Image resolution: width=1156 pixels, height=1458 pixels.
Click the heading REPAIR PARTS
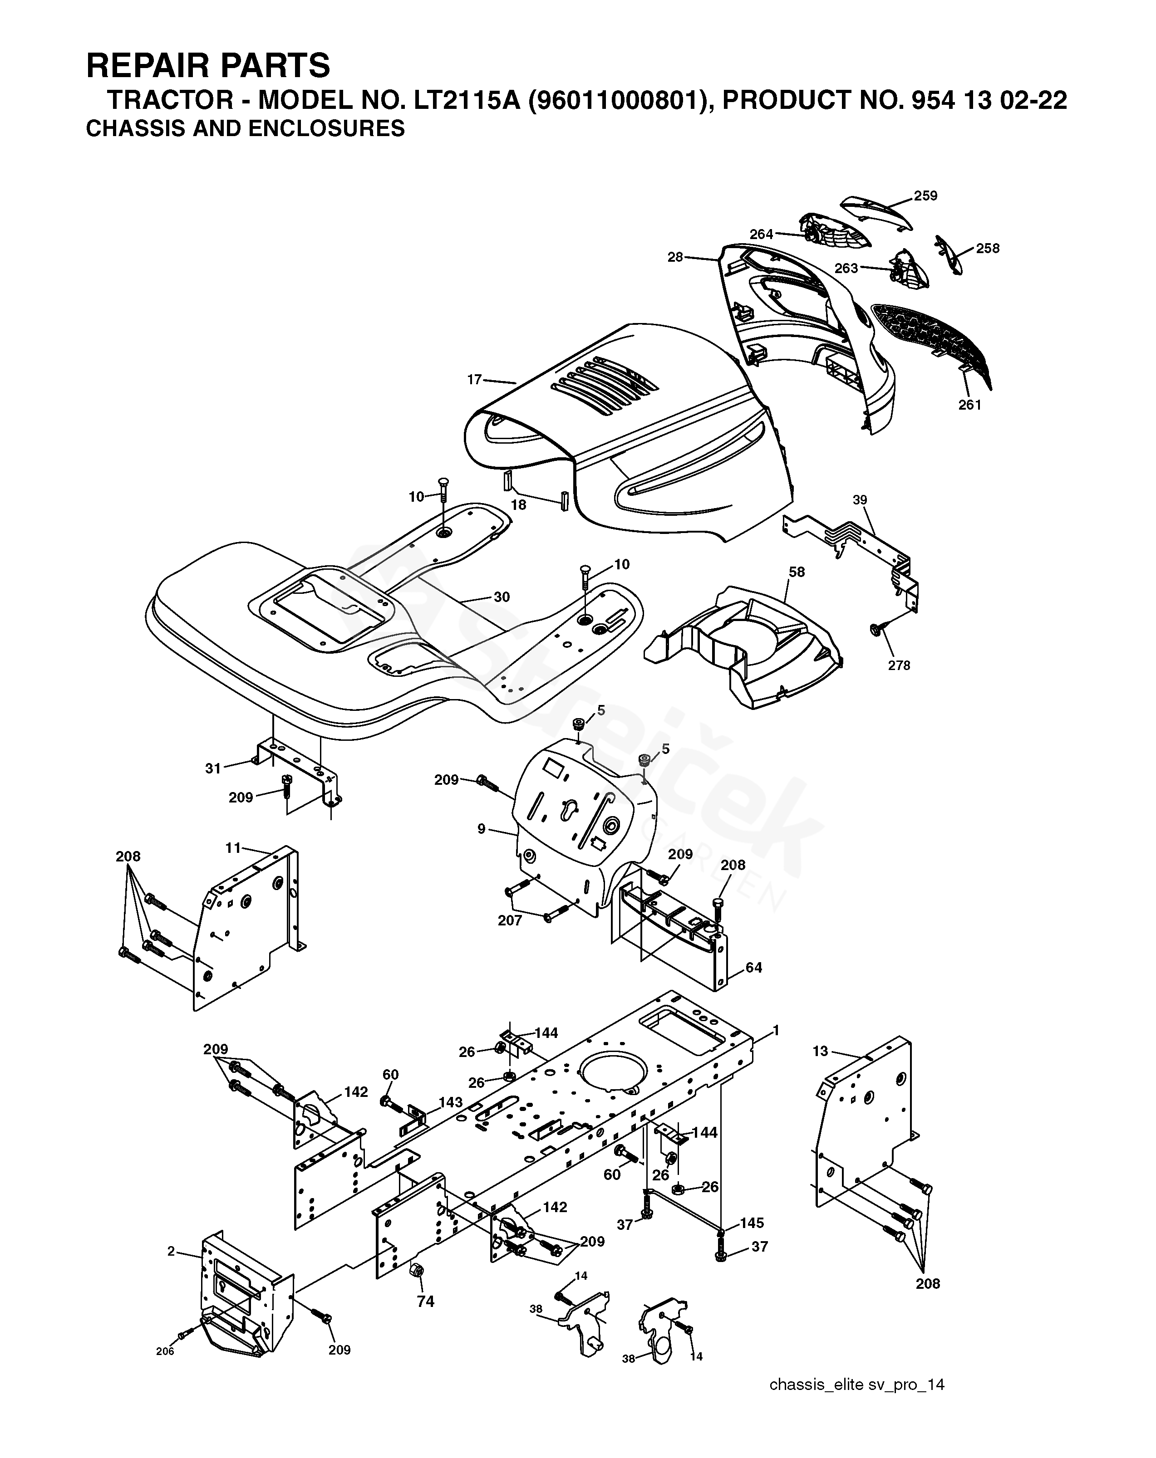coord(208,66)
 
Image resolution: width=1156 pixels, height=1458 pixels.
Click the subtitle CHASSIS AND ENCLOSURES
coord(246,128)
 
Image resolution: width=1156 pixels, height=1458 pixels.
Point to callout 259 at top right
coord(925,196)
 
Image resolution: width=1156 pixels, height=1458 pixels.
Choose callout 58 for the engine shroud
coord(797,572)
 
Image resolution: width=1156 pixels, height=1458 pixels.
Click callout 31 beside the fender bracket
coord(213,768)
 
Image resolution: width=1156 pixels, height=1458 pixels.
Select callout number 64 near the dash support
coord(753,968)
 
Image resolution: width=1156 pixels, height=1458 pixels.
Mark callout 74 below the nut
coord(425,1301)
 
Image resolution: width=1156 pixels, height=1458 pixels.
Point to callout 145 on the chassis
coord(752,1223)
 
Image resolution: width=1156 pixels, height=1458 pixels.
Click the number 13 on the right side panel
coord(820,1052)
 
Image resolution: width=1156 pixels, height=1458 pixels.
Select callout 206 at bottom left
coord(165,1351)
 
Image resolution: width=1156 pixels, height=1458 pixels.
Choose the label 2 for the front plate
coord(171,1252)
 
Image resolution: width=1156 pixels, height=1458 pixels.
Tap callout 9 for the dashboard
coord(481,828)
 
